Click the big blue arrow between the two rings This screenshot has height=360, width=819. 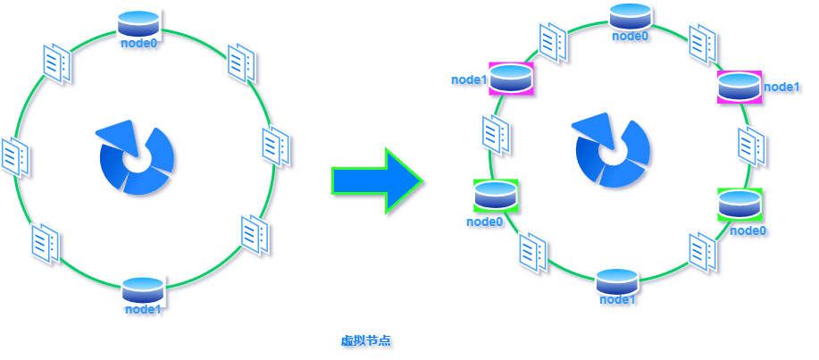377,180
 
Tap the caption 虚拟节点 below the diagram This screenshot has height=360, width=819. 365,341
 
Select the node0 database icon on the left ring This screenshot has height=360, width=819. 138,23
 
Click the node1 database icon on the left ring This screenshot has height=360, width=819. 143,289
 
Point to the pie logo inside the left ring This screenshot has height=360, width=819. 135,156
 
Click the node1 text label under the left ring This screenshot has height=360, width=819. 143,309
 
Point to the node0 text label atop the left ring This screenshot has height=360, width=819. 138,43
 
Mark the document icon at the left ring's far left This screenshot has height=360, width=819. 15,156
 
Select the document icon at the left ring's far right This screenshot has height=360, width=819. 275,147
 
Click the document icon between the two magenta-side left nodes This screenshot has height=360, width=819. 495,135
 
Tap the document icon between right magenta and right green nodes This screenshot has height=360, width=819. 752,147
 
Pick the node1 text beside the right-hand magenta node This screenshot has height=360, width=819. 781,88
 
